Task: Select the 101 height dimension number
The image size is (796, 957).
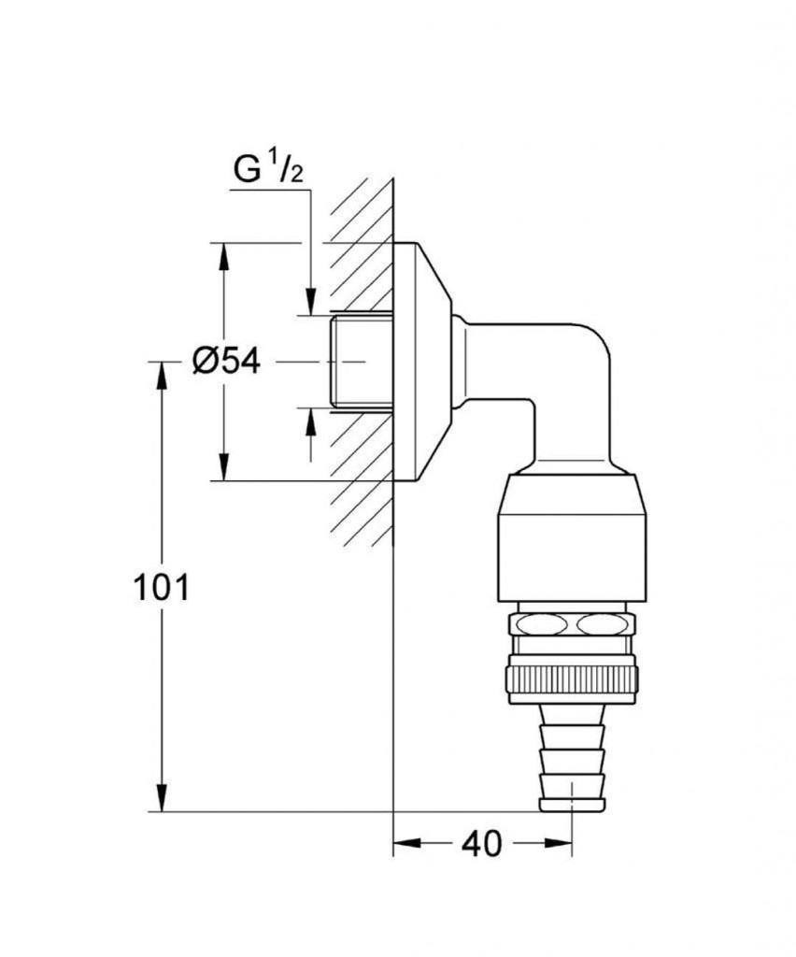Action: [161, 588]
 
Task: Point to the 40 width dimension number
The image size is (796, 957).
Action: [482, 844]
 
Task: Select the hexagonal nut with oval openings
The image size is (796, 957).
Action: [571, 624]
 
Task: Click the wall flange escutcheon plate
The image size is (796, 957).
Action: [420, 362]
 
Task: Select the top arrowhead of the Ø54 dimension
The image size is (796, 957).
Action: [224, 256]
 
